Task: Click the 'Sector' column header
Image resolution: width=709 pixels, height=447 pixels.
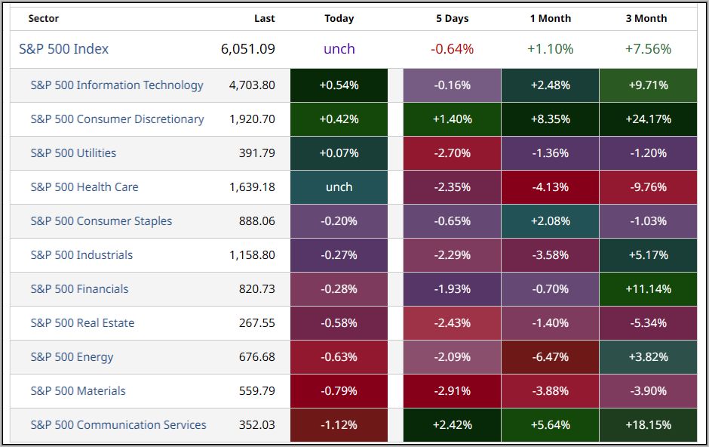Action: click(44, 18)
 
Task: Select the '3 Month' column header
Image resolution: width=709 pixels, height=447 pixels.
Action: click(646, 18)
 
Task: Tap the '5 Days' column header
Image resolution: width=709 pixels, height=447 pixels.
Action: click(452, 18)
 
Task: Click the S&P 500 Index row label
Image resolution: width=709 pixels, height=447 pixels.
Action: click(64, 49)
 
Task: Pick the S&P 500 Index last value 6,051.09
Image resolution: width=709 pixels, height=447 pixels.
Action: click(248, 49)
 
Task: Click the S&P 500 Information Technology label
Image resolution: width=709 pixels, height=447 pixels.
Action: click(117, 85)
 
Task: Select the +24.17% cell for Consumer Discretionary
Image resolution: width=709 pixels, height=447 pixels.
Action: click(648, 119)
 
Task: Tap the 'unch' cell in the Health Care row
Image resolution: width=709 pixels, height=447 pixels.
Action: click(339, 187)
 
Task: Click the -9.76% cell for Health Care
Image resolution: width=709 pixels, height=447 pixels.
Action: click(648, 187)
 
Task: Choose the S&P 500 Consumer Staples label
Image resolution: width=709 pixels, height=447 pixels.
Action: click(101, 221)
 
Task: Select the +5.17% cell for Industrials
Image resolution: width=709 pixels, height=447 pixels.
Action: click(648, 255)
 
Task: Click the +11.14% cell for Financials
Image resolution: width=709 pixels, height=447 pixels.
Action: click(648, 289)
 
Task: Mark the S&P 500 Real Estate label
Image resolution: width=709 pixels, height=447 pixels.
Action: click(82, 323)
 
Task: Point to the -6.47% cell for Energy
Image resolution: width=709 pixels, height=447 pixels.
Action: click(550, 357)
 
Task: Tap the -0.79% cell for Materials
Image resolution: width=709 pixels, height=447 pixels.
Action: click(339, 391)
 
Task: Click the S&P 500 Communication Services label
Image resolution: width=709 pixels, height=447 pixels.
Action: click(118, 425)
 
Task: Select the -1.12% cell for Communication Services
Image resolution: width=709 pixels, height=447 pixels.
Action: click(339, 425)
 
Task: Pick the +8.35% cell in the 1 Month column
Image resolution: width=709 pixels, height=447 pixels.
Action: click(550, 119)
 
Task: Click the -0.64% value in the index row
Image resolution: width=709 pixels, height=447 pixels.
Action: click(452, 49)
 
